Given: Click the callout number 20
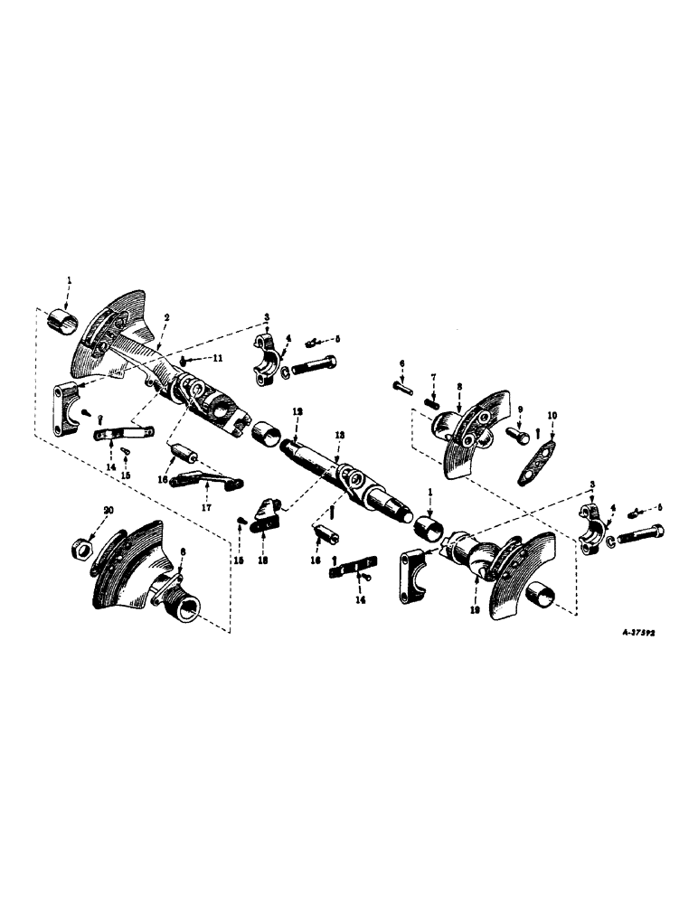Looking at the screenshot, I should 109,511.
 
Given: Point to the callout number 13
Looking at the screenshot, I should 338,435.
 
